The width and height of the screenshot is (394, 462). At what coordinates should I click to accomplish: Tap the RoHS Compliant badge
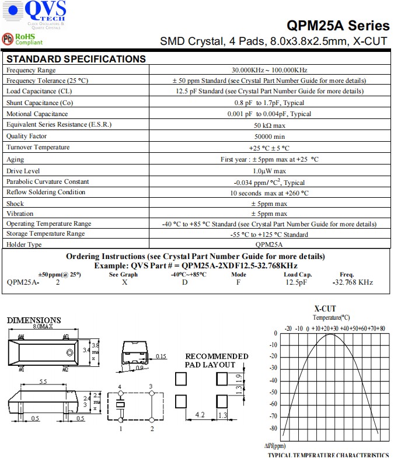pos(23,39)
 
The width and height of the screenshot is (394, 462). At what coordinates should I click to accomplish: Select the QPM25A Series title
pos(338,26)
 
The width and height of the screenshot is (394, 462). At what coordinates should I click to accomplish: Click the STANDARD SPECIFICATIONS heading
pos(76,59)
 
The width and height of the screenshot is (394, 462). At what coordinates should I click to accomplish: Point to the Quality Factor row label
pos(26,136)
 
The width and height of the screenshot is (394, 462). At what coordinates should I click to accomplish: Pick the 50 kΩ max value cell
pos(269,125)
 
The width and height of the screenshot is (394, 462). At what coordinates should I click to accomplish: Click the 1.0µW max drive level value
pos(269,171)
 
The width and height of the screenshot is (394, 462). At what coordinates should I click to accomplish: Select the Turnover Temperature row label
pos(38,148)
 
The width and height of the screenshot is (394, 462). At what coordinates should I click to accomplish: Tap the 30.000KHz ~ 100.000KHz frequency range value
pos(269,70)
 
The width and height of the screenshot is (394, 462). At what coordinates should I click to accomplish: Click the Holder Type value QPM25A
pos(269,245)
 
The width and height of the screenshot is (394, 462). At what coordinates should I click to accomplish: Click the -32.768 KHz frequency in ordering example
pos(353,282)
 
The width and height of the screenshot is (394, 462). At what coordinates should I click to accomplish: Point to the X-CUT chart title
pos(325,309)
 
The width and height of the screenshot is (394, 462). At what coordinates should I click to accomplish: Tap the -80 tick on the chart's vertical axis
pos(273,428)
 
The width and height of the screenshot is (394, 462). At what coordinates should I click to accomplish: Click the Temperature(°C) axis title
pos(331,317)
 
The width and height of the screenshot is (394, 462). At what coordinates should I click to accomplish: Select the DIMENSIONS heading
pos(34,320)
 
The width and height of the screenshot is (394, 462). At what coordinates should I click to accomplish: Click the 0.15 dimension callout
pos(162,356)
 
